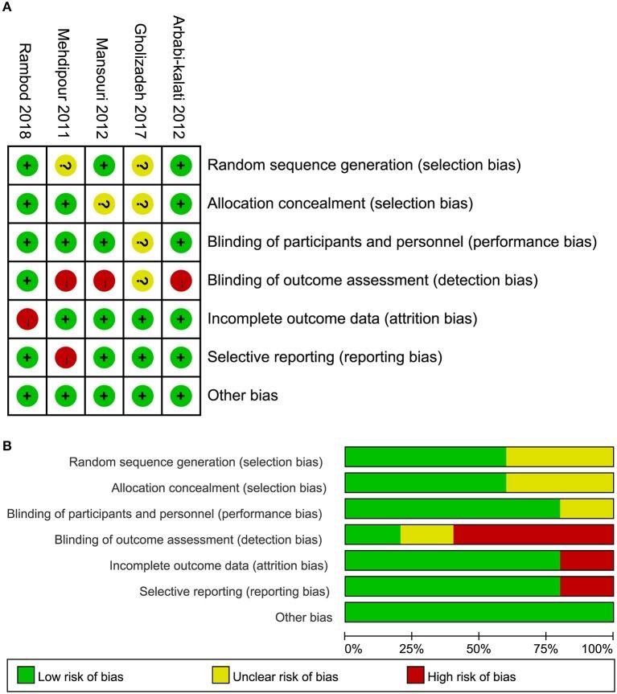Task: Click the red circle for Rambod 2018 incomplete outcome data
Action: click(27, 318)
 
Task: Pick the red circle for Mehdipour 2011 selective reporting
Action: click(66, 357)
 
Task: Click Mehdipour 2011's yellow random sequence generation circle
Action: click(66, 165)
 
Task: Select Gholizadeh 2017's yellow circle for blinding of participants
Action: click(142, 242)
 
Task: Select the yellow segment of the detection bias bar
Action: click(426, 536)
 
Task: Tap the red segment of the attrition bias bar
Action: click(586, 561)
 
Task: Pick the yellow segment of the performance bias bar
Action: click(586, 509)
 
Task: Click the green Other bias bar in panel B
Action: click(479, 614)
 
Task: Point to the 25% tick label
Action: click(412, 647)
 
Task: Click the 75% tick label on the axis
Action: click(547, 647)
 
